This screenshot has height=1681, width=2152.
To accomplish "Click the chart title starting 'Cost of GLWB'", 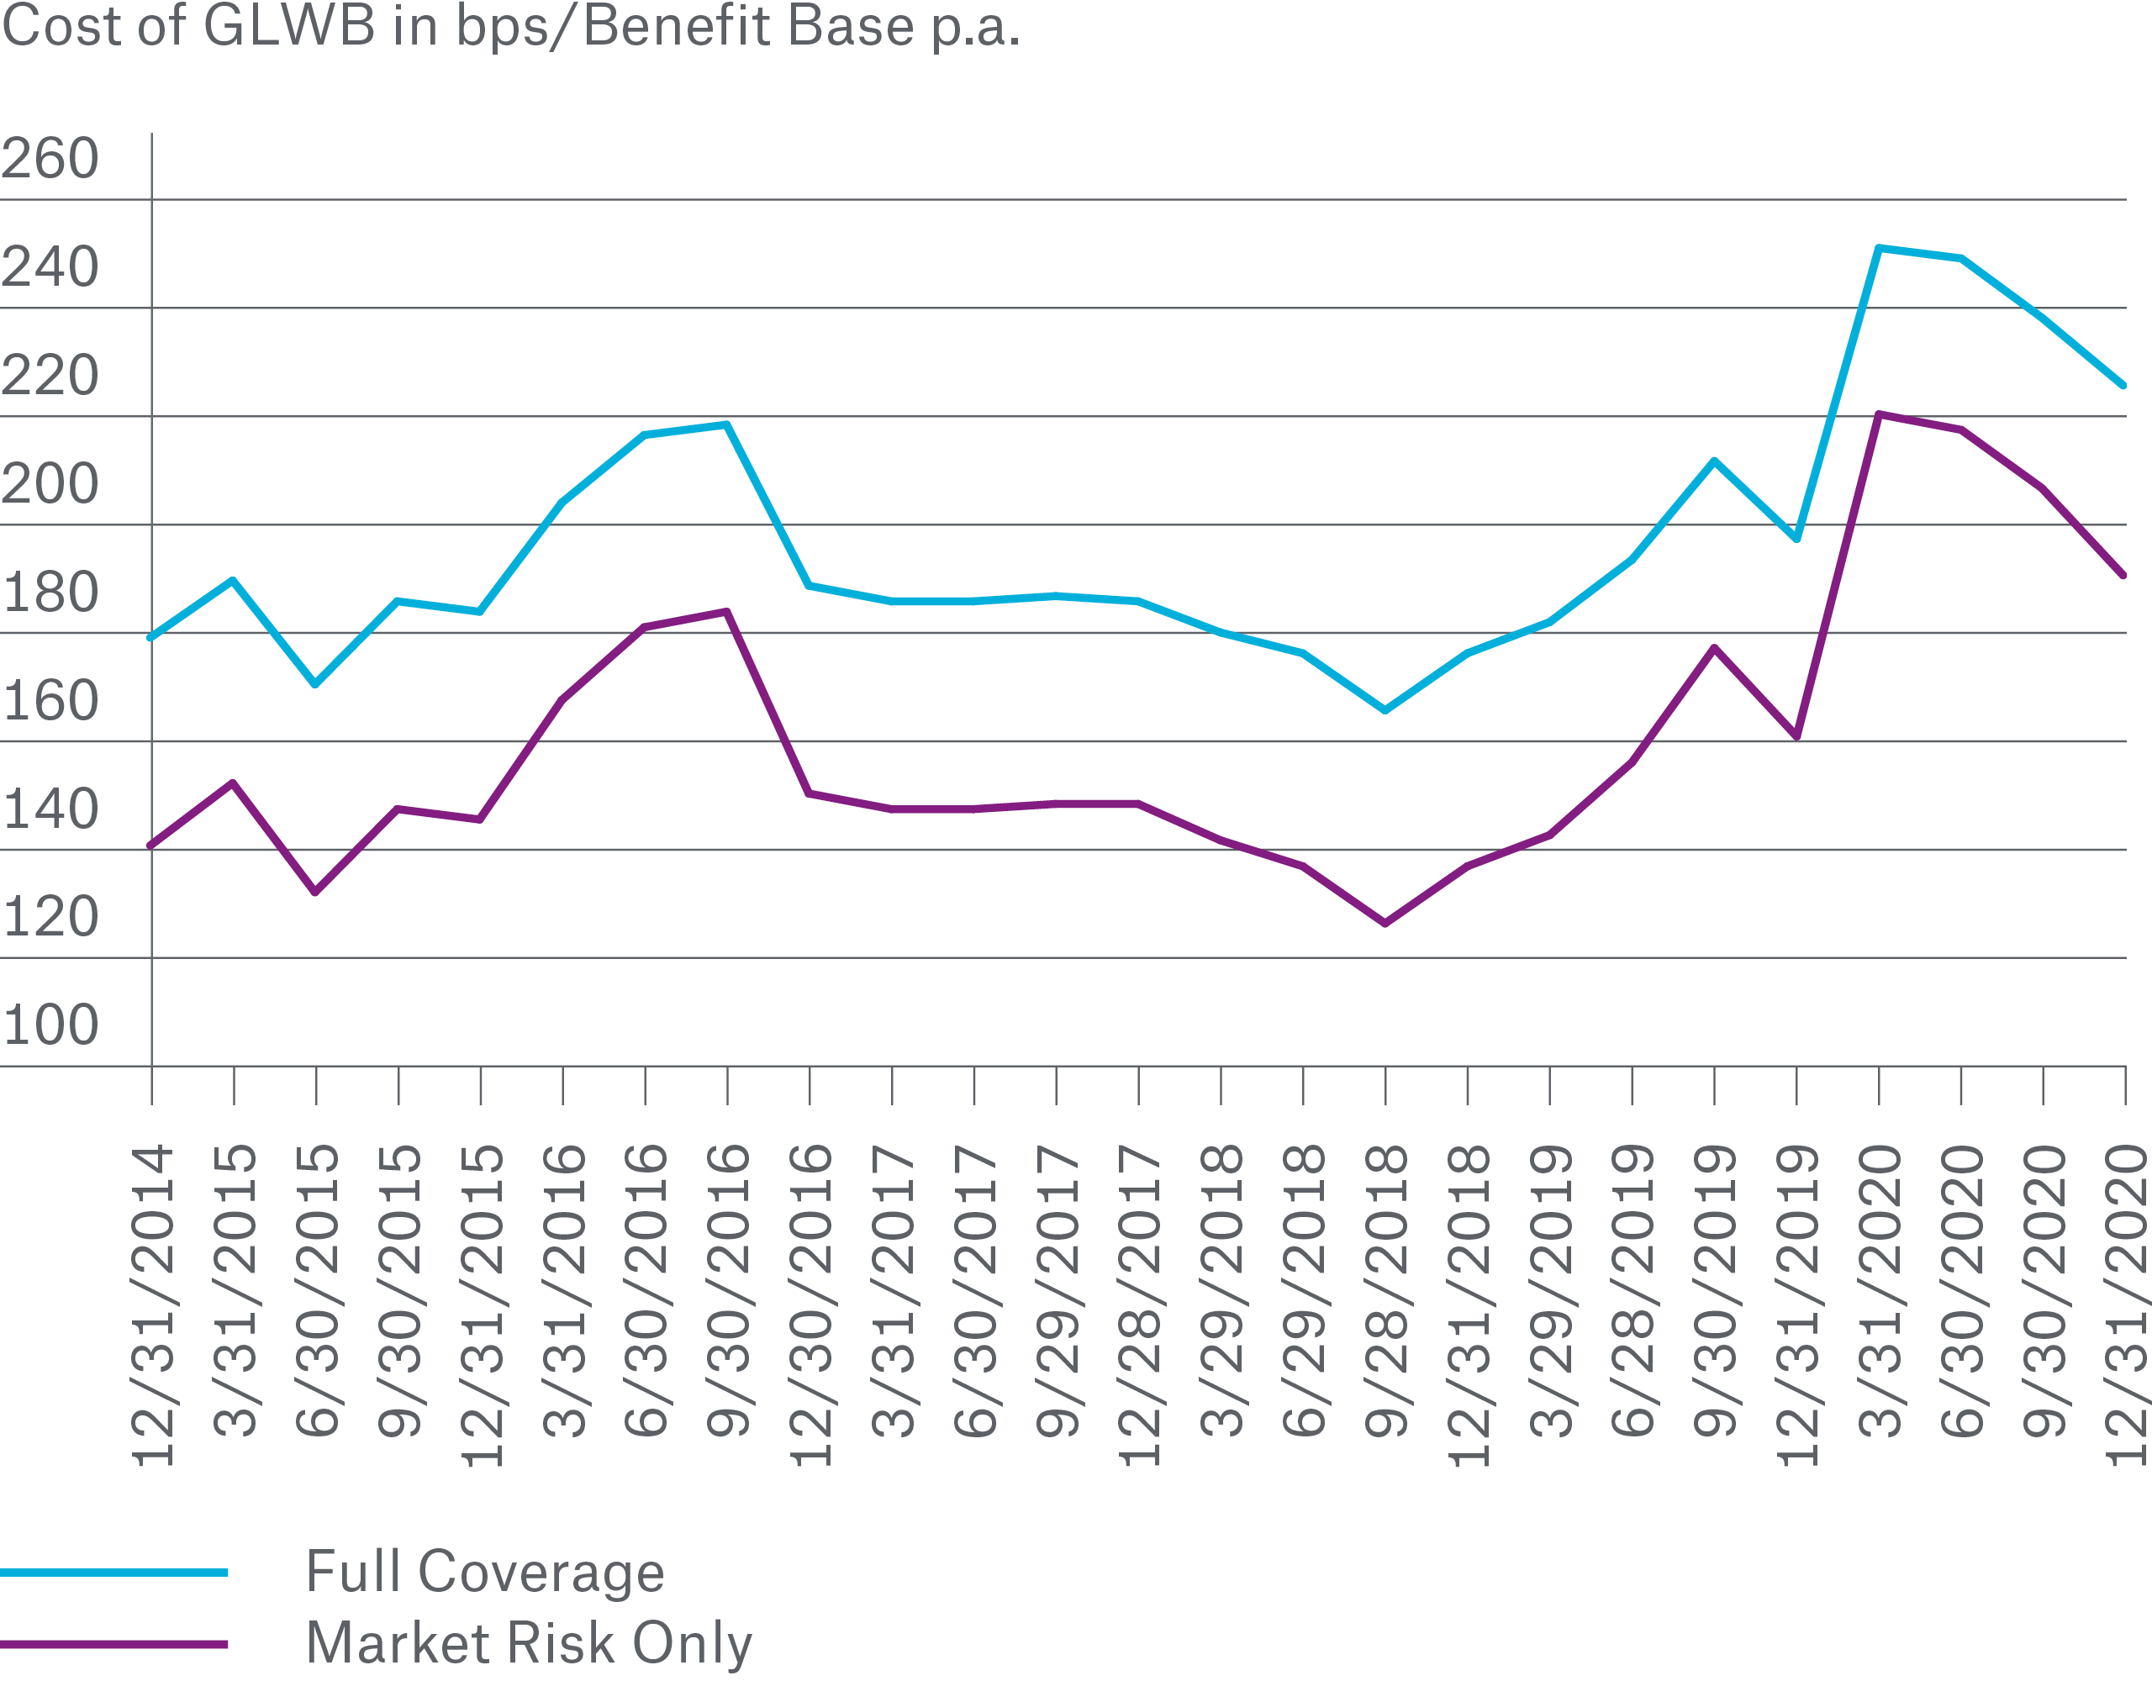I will click(510, 27).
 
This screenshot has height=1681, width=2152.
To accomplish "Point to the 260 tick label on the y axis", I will click(50, 159).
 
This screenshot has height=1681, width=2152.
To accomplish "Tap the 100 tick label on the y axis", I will click(50, 1025).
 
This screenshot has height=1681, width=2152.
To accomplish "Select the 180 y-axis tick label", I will click(50, 593).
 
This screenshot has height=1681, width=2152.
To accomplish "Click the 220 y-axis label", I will click(50, 376).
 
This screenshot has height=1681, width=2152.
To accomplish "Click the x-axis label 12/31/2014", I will click(153, 1304).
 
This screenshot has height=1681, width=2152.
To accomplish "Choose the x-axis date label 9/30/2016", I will click(728, 1290).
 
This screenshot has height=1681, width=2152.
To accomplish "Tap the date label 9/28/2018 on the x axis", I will click(1386, 1290).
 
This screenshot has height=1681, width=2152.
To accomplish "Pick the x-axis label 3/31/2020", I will click(1880, 1290).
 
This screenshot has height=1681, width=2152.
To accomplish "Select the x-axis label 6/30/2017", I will click(975, 1290).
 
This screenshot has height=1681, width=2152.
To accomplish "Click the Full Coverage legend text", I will click(485, 1572).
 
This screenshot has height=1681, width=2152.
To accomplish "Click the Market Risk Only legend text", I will click(529, 1643).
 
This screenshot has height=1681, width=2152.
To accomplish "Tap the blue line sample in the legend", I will click(113, 1573).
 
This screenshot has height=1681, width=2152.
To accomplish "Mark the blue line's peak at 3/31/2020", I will click(1879, 248).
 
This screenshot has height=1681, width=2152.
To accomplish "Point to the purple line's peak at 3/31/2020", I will click(1879, 415).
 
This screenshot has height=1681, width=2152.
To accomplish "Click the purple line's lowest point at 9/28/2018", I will click(1385, 923).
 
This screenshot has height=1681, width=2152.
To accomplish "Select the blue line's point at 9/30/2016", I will click(727, 424).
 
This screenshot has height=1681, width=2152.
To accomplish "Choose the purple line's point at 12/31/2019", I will click(1797, 736).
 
